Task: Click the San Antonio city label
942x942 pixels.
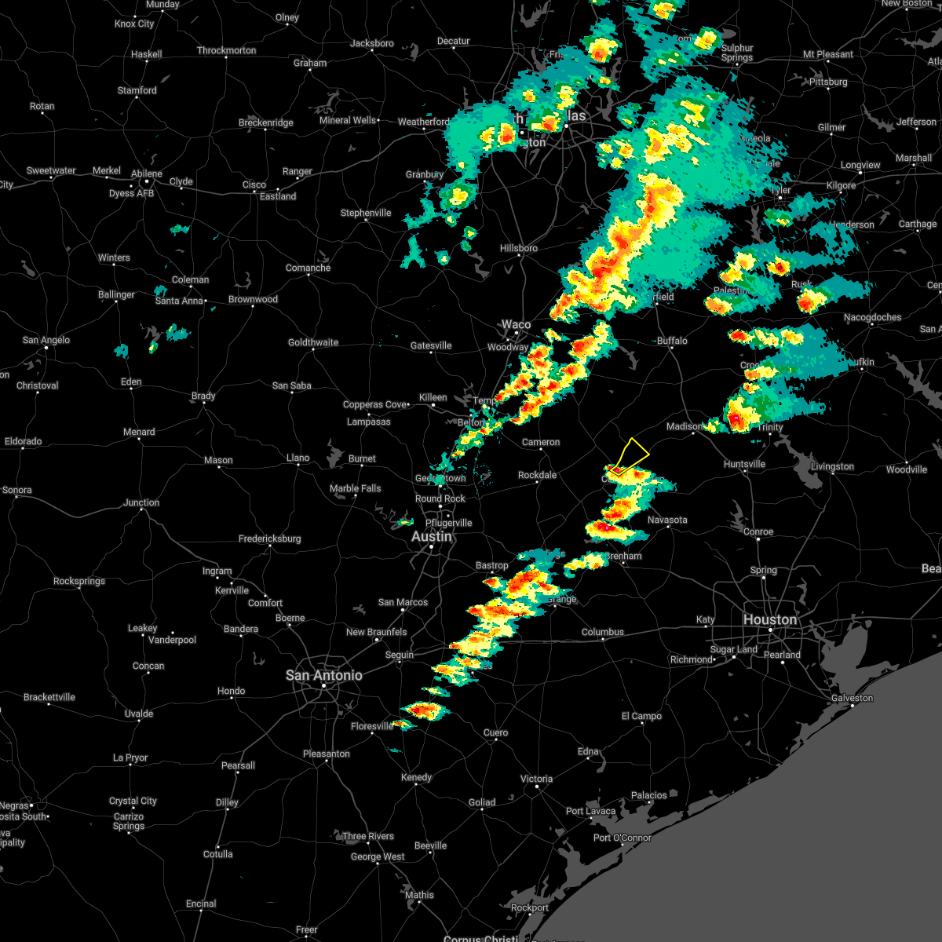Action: coord(323,675)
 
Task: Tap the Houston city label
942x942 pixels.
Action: coord(769,619)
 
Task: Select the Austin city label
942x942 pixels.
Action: coord(432,536)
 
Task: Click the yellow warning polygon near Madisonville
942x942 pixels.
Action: coord(633,455)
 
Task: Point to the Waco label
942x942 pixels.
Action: coord(516,324)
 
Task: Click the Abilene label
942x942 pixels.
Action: coord(147,173)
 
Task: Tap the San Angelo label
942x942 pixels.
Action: coord(46,340)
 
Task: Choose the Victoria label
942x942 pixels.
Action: coord(536,779)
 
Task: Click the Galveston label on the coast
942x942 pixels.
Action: coord(852,698)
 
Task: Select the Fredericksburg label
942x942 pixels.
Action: coord(269,539)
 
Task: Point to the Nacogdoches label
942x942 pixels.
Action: coord(872,317)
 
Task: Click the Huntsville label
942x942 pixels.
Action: coord(743,464)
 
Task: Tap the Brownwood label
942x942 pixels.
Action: coord(253,299)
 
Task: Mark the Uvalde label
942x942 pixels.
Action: coord(139,714)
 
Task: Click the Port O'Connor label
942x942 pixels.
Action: coord(622,838)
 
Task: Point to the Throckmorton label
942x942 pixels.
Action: coord(226,50)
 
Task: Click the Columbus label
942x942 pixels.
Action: coord(602,632)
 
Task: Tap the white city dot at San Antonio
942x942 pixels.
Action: coord(323,687)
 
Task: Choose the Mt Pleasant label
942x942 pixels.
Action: coord(827,54)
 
